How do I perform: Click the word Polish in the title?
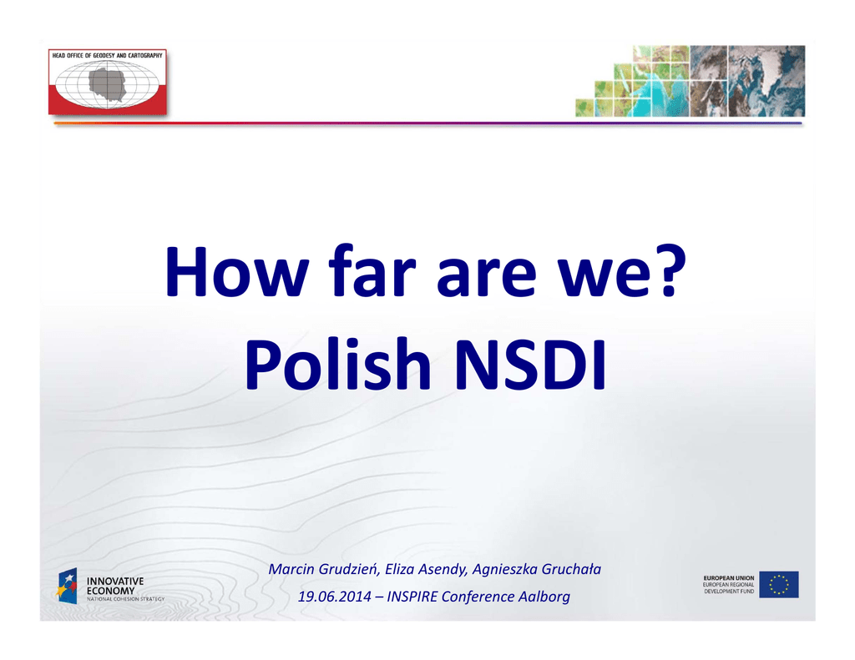click(338, 364)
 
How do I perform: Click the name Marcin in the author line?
click(291, 569)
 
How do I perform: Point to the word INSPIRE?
click(412, 597)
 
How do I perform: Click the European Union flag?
click(779, 584)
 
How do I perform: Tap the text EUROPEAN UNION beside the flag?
click(729, 578)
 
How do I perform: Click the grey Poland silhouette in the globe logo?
click(108, 84)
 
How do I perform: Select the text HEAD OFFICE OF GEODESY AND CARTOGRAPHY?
click(108, 56)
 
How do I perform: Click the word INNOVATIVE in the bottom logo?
click(115, 582)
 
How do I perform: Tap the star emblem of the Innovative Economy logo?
click(68, 586)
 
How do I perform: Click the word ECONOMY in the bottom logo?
click(111, 591)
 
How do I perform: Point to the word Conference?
click(478, 597)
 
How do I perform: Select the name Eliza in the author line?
click(397, 569)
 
